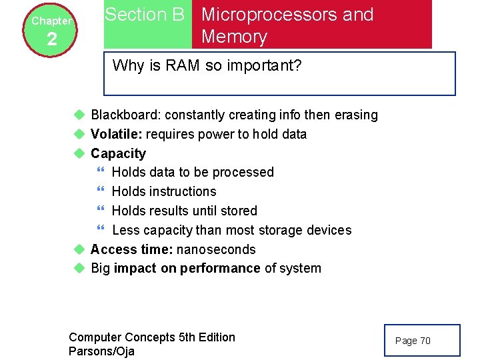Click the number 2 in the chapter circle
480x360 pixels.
[52, 40]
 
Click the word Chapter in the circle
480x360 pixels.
[51, 21]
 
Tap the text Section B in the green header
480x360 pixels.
[145, 15]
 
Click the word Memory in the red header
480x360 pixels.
[234, 37]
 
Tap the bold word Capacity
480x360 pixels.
[118, 153]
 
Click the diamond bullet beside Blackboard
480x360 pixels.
[79, 115]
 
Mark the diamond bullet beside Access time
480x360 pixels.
[79, 249]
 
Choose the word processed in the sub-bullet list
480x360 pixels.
[245, 172]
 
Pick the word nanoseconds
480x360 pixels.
[219, 249]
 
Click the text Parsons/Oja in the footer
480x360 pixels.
[101, 351]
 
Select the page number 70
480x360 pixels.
[425, 341]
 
